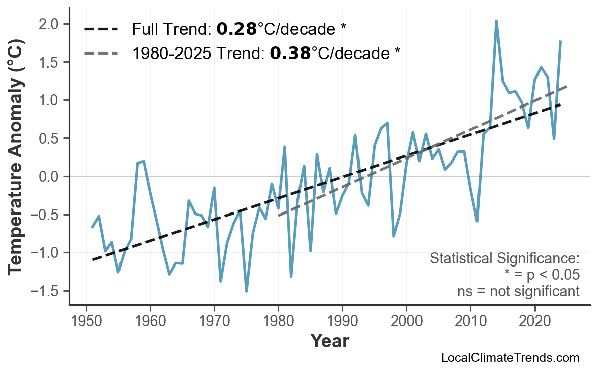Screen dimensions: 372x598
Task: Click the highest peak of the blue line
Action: tap(496, 21)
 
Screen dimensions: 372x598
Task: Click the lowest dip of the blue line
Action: tap(246, 291)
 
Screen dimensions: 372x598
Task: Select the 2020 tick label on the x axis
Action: tap(534, 322)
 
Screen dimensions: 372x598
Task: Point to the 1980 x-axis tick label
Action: tap(278, 322)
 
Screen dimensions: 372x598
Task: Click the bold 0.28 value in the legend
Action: tap(236, 29)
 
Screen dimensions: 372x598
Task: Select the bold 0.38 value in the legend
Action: tap(290, 52)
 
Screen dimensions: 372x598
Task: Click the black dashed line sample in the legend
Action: tap(101, 29)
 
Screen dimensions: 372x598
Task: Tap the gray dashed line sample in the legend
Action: tap(101, 52)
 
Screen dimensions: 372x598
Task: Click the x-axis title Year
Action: tap(329, 341)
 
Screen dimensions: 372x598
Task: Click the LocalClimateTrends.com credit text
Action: tap(510, 358)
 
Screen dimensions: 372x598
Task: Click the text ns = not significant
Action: tap(518, 291)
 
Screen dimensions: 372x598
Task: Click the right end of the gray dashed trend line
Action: tap(567, 87)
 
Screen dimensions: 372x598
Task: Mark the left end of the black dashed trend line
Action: tap(93, 259)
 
